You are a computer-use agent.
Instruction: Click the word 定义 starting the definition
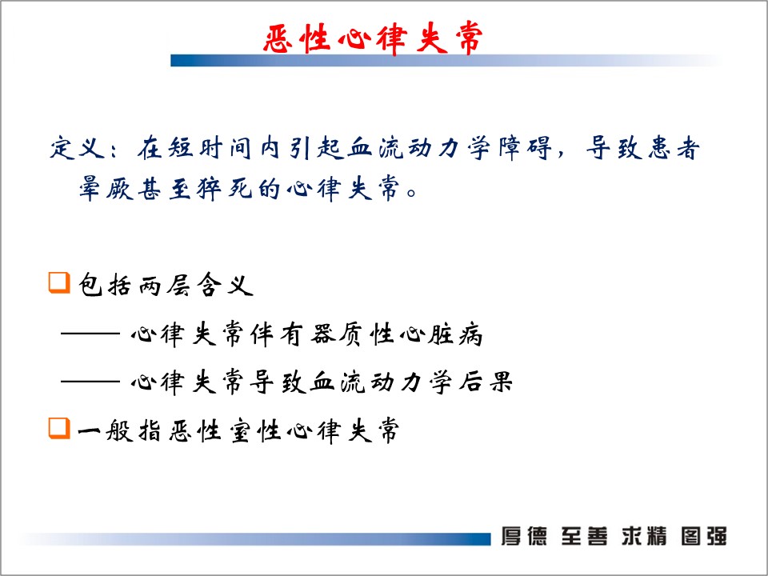pyautogui.click(x=78, y=147)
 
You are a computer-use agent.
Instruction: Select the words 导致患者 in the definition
pyautogui.click(x=643, y=147)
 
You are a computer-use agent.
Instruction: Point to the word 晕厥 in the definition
pyautogui.click(x=106, y=189)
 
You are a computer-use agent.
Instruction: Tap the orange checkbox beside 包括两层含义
pyautogui.click(x=59, y=283)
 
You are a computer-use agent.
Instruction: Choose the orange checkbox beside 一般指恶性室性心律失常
pyautogui.click(x=59, y=428)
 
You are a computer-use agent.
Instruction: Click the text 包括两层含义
pyautogui.click(x=166, y=285)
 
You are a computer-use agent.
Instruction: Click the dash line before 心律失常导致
pyautogui.click(x=90, y=381)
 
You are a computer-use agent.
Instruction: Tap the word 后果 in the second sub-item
pyautogui.click(x=486, y=382)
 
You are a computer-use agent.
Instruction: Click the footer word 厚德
pyautogui.click(x=523, y=536)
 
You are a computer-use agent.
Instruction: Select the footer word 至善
pyautogui.click(x=584, y=536)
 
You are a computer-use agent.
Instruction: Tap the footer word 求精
pyautogui.click(x=644, y=536)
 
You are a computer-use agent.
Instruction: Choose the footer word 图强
pyautogui.click(x=704, y=536)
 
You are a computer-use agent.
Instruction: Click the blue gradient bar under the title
pyautogui.click(x=446, y=61)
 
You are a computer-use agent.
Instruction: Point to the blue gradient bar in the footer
pyautogui.click(x=254, y=538)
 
